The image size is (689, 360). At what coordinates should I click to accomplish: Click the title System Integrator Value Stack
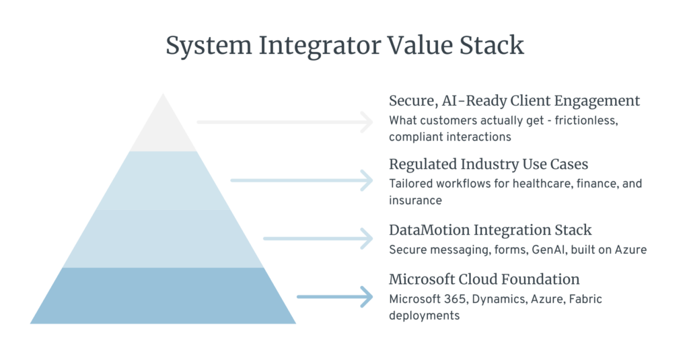tap(344, 45)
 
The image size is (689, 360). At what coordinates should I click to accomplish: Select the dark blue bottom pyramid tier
tap(163, 296)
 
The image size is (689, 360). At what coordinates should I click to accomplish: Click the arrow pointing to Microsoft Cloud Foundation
tap(335, 297)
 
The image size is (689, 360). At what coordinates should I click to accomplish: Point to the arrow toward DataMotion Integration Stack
tap(318, 239)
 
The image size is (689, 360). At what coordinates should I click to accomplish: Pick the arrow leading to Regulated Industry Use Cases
tap(302, 180)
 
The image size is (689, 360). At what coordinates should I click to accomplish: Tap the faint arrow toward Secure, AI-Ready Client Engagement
tap(285, 122)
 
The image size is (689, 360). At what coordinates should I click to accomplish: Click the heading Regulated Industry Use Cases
tap(488, 164)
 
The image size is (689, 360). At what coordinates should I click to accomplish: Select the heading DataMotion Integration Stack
tap(490, 230)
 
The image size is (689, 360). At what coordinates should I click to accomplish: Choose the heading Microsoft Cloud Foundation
tap(484, 279)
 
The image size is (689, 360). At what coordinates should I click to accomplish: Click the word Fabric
tap(585, 299)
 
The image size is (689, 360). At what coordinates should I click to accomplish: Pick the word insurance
tap(415, 201)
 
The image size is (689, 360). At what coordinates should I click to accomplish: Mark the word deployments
tap(424, 316)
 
